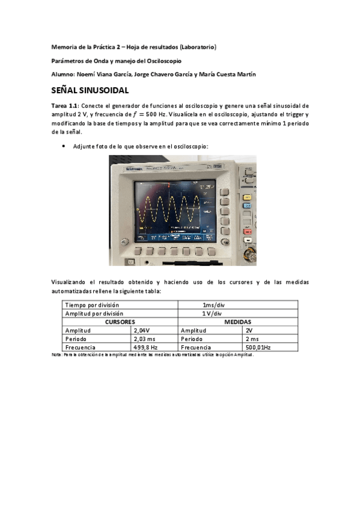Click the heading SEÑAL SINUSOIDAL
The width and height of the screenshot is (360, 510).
pyautogui.click(x=90, y=91)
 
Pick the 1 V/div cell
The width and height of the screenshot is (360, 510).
pyautogui.click(x=212, y=313)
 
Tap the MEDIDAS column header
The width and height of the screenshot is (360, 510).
pyautogui.click(x=237, y=322)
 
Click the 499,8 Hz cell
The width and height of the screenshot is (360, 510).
pyautogui.click(x=145, y=348)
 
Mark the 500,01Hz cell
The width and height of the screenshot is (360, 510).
pyautogui.click(x=258, y=348)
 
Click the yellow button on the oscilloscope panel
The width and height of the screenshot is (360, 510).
pyautogui.click(x=246, y=197)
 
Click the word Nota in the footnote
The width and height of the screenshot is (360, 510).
pyautogui.click(x=58, y=355)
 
